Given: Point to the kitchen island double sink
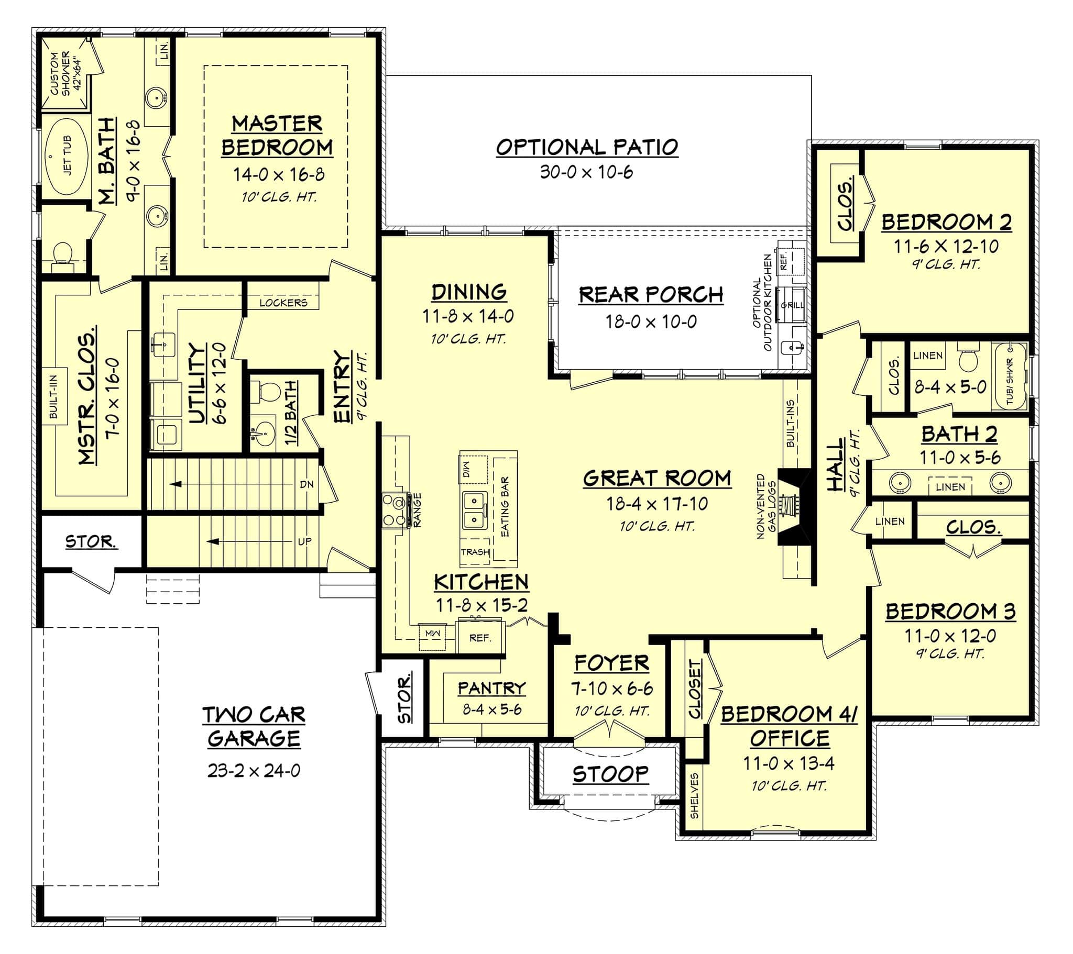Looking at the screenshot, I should (x=476, y=511).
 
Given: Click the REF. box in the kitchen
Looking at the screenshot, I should (x=480, y=638).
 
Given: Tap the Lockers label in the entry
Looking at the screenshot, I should (x=283, y=303).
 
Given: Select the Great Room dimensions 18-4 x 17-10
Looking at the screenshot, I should (x=656, y=504).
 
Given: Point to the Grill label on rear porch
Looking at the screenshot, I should (x=792, y=305).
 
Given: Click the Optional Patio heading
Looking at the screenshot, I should (x=587, y=148).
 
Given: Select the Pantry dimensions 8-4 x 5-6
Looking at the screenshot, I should (x=492, y=709).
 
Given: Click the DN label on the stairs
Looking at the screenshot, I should (x=306, y=484).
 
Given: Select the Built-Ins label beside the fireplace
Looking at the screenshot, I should (x=791, y=424).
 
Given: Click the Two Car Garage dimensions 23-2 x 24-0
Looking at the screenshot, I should (x=254, y=770).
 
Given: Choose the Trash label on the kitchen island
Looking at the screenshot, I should (x=475, y=552).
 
